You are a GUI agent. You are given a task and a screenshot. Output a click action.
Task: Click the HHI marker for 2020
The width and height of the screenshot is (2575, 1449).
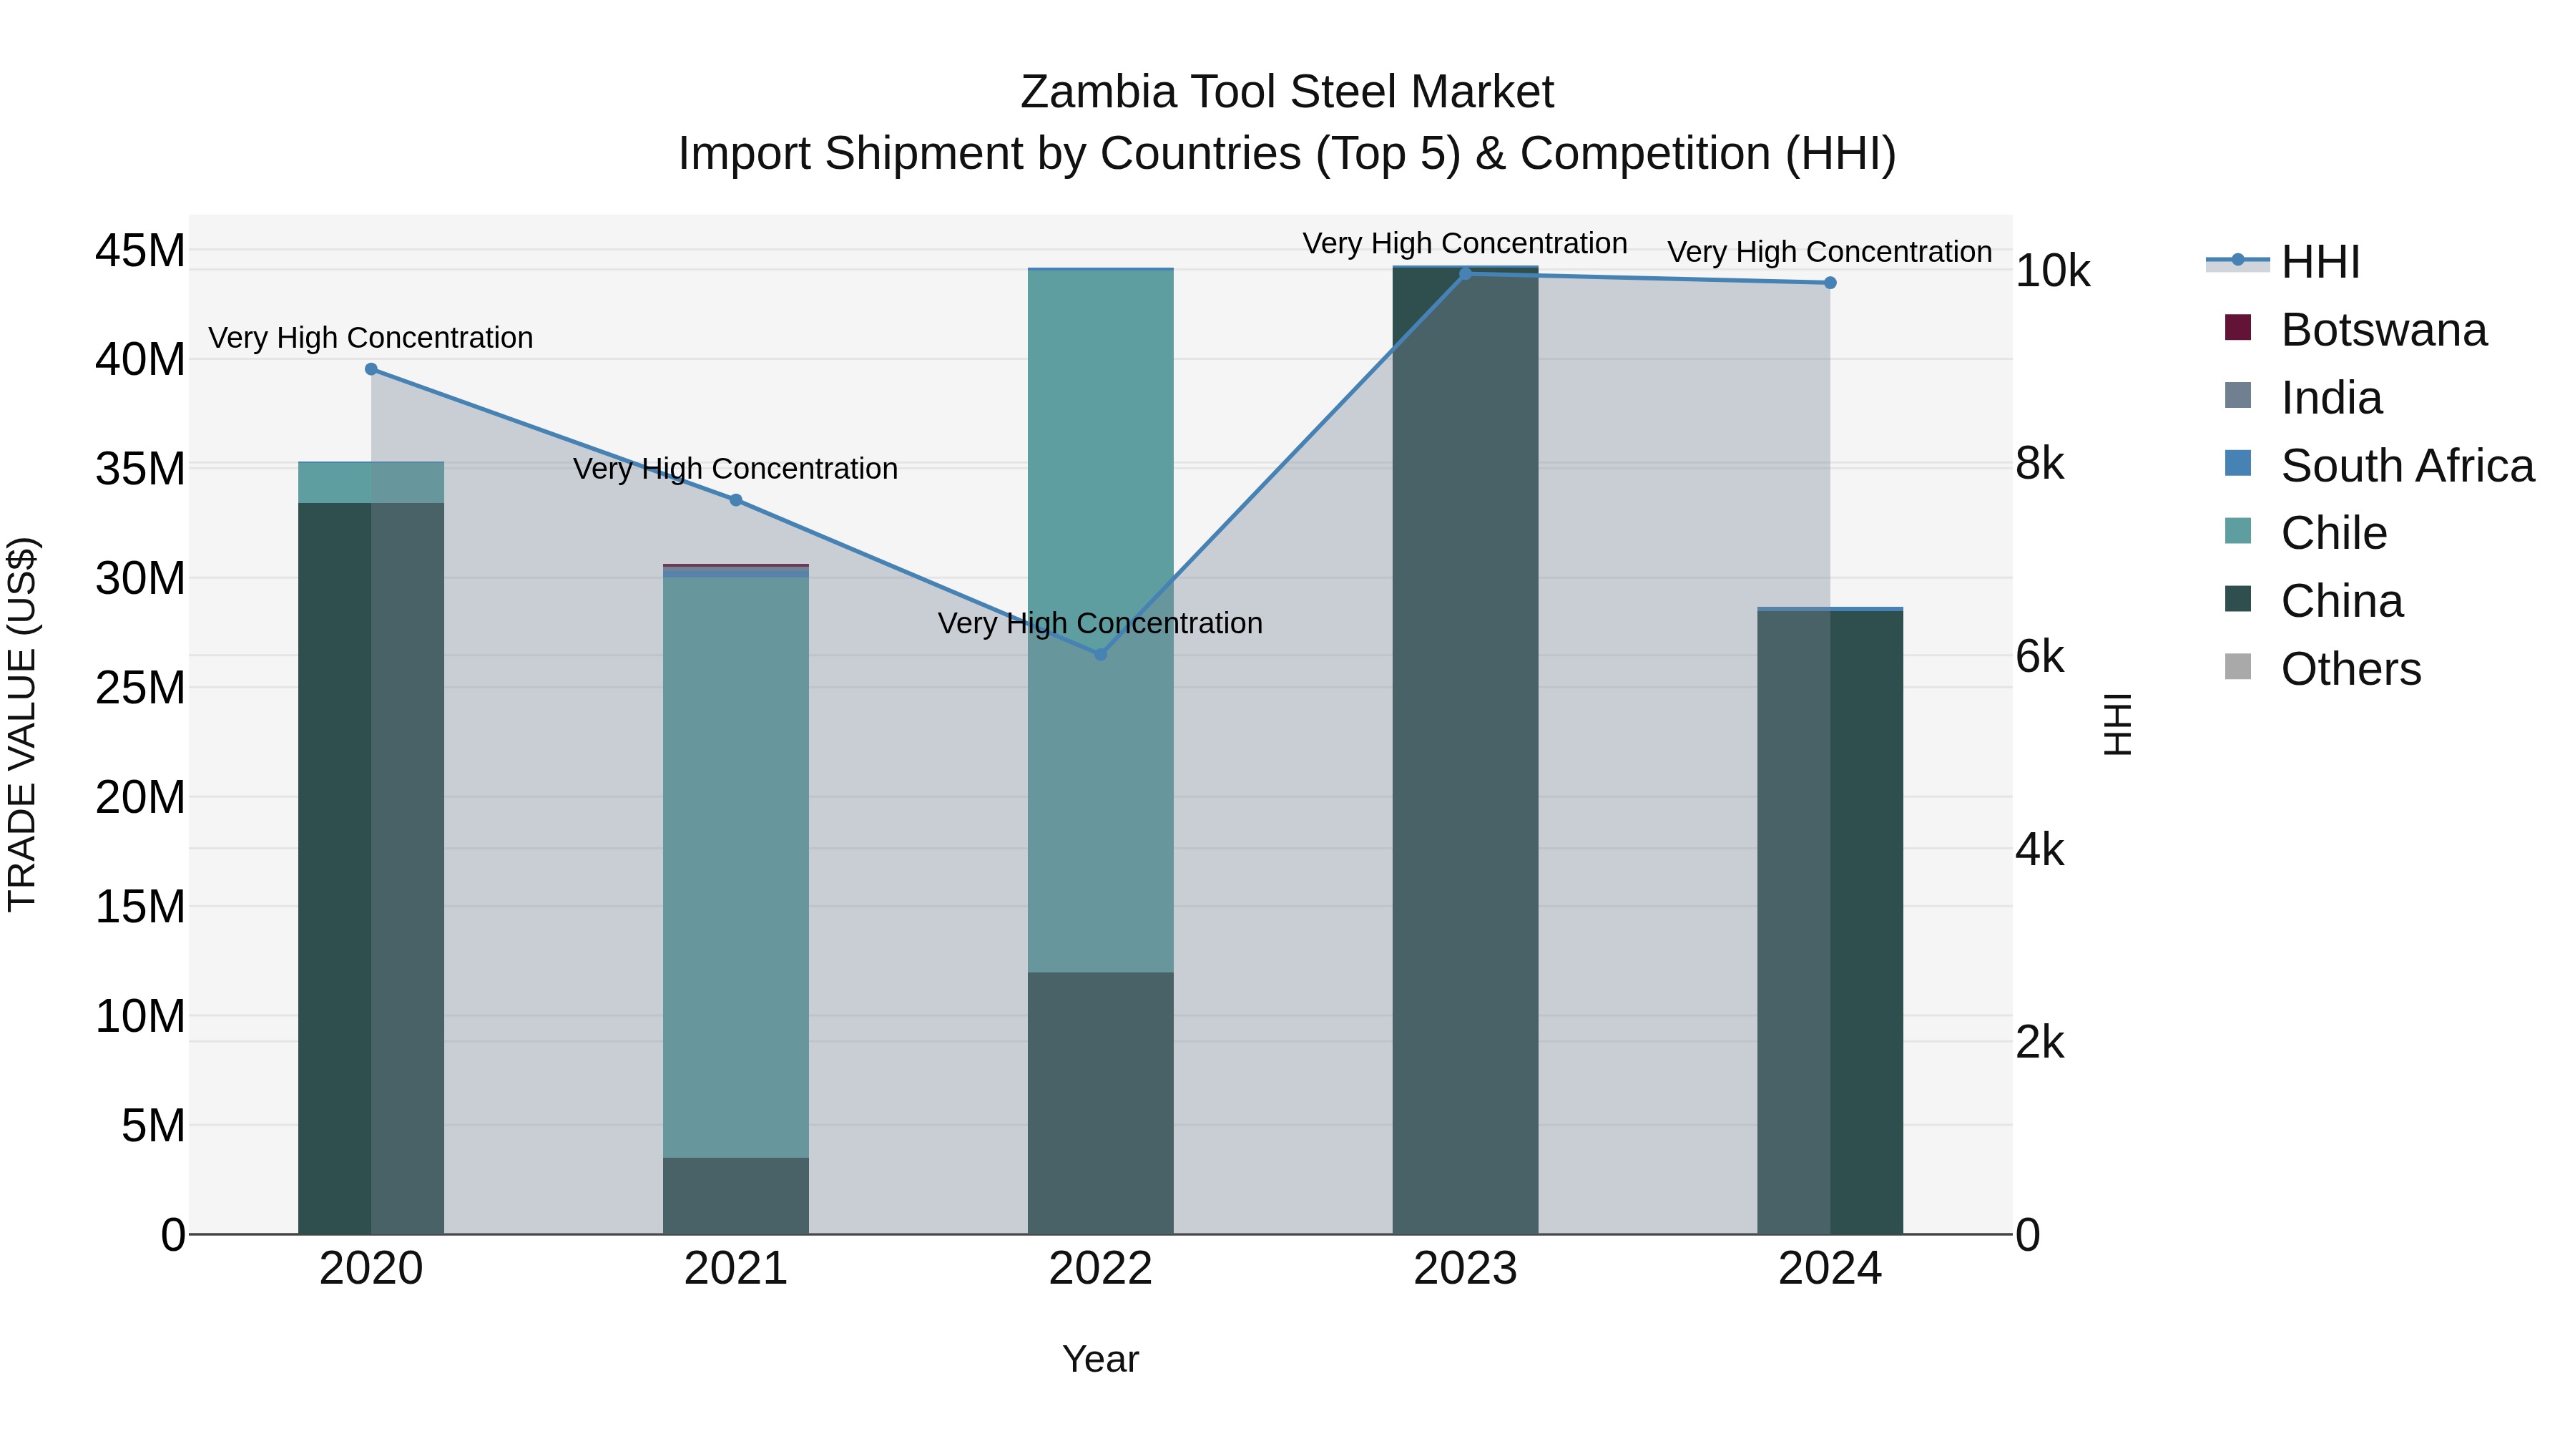(x=371, y=369)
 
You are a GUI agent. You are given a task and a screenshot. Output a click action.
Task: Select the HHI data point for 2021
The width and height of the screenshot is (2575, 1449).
(x=736, y=500)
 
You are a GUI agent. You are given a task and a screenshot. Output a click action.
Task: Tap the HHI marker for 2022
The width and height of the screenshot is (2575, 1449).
(x=1101, y=654)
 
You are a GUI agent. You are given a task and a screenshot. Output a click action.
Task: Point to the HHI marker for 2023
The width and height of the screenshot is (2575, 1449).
(x=1466, y=273)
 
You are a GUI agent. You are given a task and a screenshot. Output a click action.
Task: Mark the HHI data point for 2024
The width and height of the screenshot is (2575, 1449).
(x=1830, y=283)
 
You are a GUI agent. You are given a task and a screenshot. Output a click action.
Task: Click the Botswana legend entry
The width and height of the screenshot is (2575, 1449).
(x=2383, y=330)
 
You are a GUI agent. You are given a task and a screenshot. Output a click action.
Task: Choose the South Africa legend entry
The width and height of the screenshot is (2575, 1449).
(x=2407, y=466)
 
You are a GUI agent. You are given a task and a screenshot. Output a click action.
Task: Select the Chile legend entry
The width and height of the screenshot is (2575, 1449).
(x=2333, y=533)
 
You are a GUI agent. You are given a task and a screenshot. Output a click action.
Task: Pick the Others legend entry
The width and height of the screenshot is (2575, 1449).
(x=2350, y=669)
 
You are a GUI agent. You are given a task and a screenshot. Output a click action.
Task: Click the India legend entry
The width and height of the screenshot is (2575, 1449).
(x=2331, y=398)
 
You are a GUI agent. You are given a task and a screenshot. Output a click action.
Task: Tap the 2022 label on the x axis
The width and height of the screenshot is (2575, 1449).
(x=1101, y=1269)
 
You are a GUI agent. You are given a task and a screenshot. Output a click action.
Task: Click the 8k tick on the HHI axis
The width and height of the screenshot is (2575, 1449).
(x=2040, y=464)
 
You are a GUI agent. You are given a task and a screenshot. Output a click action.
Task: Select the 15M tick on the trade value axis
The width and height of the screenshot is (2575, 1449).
(x=140, y=907)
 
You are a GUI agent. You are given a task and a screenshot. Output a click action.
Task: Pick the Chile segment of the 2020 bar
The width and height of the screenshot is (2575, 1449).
(x=371, y=482)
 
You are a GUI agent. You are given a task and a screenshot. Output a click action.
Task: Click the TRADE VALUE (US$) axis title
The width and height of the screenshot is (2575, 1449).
(x=23, y=725)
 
